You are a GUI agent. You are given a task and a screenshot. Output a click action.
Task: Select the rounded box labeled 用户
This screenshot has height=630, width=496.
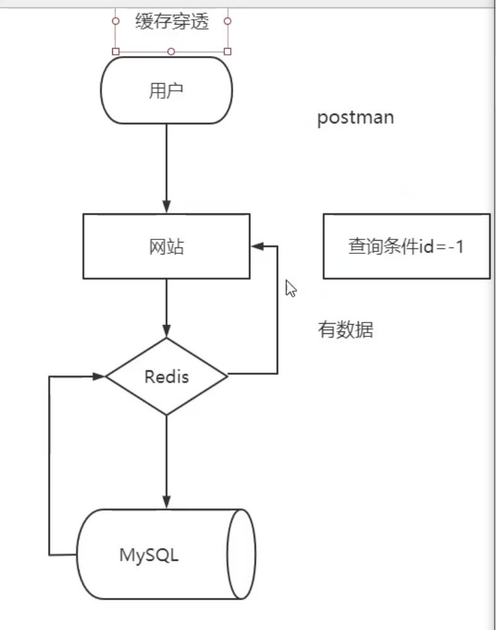point(166,91)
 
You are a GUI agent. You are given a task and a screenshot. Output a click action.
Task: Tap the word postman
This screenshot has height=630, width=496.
point(355,118)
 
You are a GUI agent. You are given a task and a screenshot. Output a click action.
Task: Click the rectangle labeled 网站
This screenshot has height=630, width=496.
point(166,246)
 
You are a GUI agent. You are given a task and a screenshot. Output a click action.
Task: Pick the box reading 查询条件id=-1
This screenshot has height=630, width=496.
point(406,246)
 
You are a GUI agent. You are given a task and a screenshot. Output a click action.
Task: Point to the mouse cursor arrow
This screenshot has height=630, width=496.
point(290,288)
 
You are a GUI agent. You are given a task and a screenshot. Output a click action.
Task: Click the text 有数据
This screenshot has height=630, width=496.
point(345,329)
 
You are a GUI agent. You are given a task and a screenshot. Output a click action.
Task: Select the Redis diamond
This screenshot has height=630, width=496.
point(166,377)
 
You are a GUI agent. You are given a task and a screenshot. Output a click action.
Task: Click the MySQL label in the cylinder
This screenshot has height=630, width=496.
point(149,555)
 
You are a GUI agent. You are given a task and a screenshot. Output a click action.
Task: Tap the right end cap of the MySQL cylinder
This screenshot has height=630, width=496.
point(242,554)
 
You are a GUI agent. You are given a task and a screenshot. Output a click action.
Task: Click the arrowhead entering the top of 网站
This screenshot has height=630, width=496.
point(166,207)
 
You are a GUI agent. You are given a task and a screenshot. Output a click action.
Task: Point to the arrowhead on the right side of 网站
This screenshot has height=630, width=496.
point(257,246)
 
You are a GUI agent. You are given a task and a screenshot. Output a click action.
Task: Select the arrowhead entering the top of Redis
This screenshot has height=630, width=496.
point(166,331)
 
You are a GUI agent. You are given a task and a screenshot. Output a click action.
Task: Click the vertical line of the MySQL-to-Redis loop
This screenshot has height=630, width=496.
point(49,466)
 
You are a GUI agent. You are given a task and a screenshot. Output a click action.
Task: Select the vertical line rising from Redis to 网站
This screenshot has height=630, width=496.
point(277,309)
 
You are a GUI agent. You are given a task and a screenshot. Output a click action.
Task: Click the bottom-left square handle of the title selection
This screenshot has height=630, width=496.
point(115,51)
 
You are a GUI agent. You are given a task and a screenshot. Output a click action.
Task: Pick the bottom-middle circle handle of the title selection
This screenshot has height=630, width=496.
point(171,51)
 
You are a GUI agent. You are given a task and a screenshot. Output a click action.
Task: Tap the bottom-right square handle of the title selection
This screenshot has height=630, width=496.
point(228,51)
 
